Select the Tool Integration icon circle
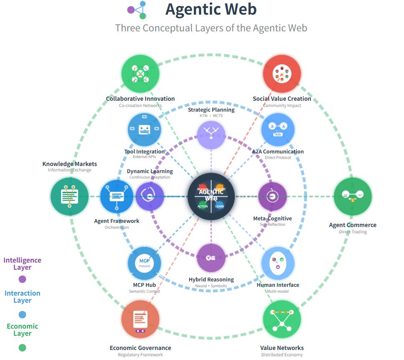click(144, 130)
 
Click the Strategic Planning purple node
click(211, 134)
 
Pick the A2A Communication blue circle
click(278, 130)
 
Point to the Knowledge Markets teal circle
click(70, 196)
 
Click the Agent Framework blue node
click(117, 196)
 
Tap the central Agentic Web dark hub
click(211, 196)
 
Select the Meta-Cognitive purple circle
click(272, 196)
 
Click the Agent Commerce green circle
click(353, 196)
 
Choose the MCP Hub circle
click(144, 263)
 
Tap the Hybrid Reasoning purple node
click(211, 258)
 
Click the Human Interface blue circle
click(278, 263)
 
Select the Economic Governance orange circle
click(140, 319)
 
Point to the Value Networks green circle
click(282, 319)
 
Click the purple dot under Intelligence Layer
click(23, 279)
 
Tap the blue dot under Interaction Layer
click(23, 314)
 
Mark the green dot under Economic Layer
click(23, 347)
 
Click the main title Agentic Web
click(211, 10)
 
